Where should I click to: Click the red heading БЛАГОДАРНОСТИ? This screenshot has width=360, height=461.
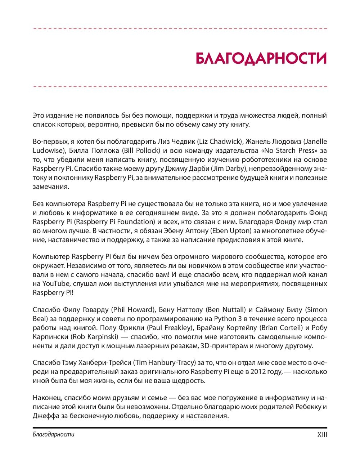click(x=261, y=59)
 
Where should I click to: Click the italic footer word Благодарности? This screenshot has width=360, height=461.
click(x=53, y=434)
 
